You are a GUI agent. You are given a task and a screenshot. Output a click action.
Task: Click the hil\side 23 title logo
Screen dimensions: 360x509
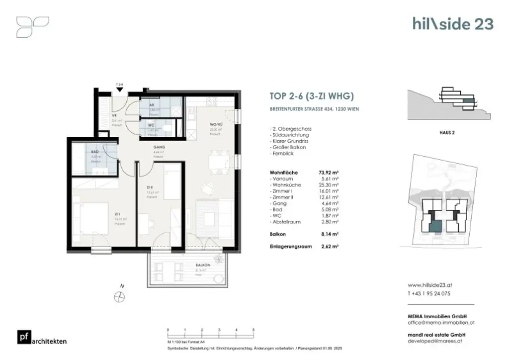click(452, 23)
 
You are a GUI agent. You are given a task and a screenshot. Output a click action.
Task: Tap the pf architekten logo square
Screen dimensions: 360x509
click(23, 337)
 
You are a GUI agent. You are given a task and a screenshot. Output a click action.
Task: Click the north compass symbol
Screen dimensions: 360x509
click(119, 296)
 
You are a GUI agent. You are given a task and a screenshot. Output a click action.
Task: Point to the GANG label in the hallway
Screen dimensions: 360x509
click(158, 148)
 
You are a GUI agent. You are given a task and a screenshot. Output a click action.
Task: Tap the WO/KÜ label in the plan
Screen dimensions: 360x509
click(215, 125)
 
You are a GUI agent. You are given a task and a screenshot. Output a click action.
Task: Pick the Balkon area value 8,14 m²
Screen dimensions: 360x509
click(330, 233)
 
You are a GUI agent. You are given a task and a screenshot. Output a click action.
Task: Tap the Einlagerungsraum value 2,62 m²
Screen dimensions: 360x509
click(330, 246)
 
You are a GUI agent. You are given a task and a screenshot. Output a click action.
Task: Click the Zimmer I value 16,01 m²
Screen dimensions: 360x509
click(330, 191)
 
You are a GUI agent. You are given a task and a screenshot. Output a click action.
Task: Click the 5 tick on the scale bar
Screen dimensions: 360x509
click(254, 330)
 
